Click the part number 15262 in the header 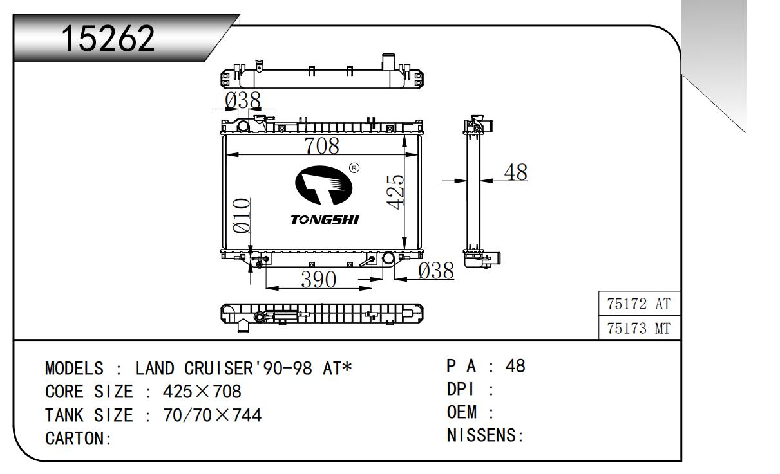pyautogui.click(x=108, y=40)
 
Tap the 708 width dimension pyautogui.click(x=321, y=146)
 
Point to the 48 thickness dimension pyautogui.click(x=515, y=172)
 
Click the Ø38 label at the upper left pyautogui.click(x=243, y=100)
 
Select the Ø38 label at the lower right pyautogui.click(x=435, y=271)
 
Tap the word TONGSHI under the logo pyautogui.click(x=325, y=220)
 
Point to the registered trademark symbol pyautogui.click(x=354, y=169)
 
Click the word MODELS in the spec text pyautogui.click(x=74, y=369)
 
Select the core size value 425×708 pyautogui.click(x=202, y=392)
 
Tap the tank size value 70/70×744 pyautogui.click(x=213, y=415)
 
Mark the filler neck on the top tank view pyautogui.click(x=388, y=62)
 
